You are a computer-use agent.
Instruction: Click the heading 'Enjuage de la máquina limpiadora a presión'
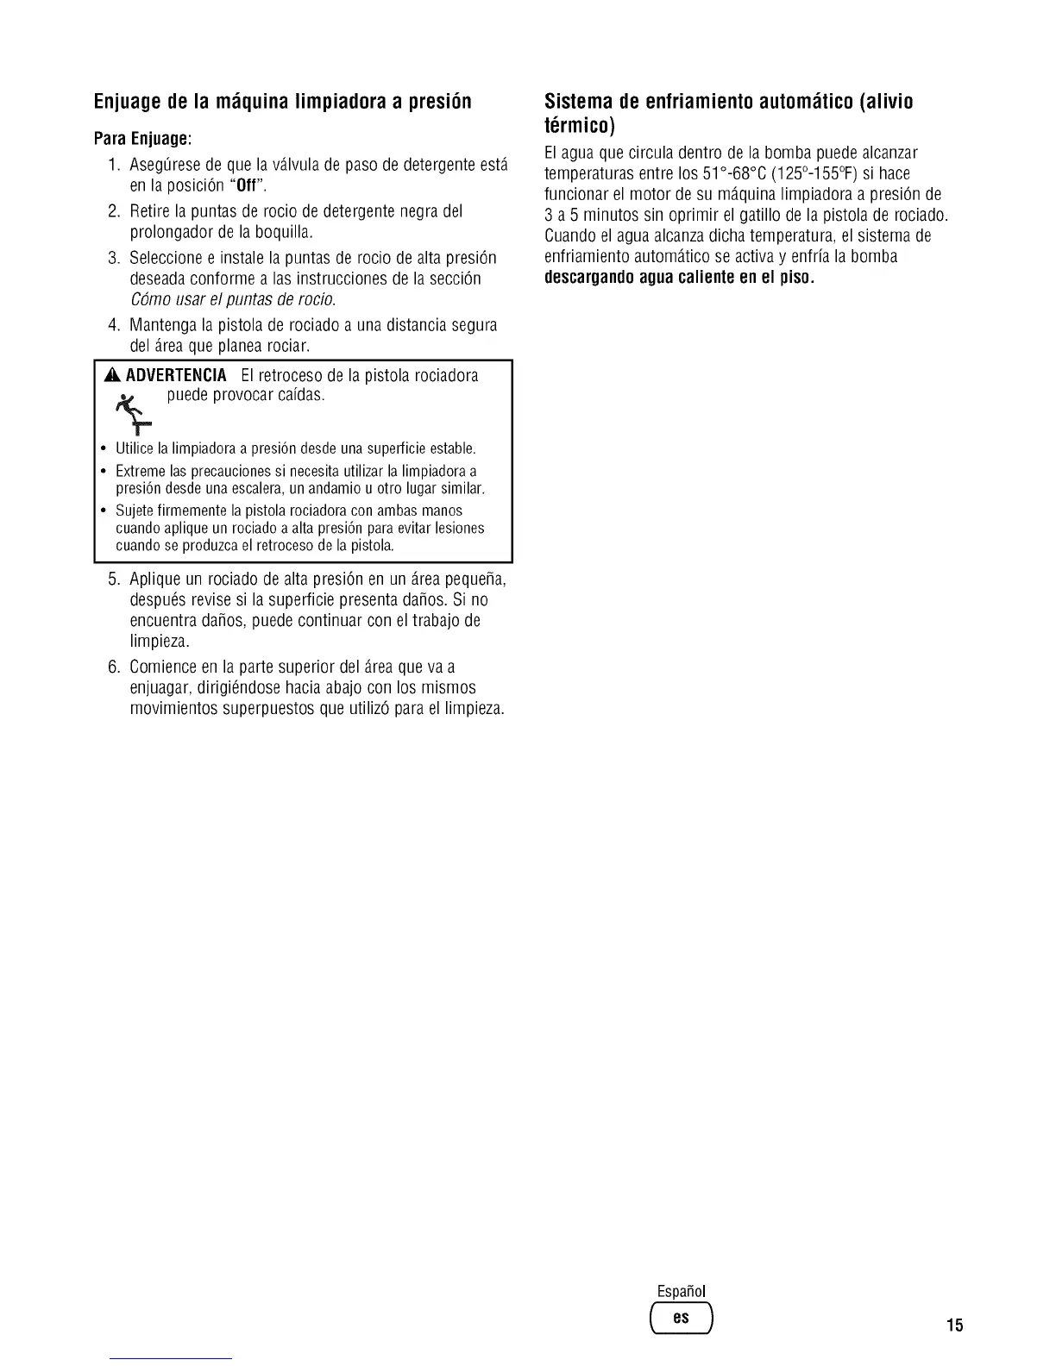pyautogui.click(x=283, y=102)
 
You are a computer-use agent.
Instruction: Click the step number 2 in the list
pyautogui.click(x=113, y=211)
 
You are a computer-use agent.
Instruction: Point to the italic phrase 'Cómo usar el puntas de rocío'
pyautogui.click(x=232, y=300)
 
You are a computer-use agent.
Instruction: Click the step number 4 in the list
pyautogui.click(x=113, y=325)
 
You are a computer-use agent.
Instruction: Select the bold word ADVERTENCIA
pyautogui.click(x=176, y=376)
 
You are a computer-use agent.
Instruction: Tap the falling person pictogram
pyautogui.click(x=132, y=412)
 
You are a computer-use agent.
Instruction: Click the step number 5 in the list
pyautogui.click(x=113, y=578)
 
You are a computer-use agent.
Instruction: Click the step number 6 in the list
pyautogui.click(x=113, y=667)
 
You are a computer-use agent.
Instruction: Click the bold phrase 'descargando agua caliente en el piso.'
pyautogui.click(x=680, y=279)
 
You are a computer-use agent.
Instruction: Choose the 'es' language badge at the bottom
pyautogui.click(x=682, y=1318)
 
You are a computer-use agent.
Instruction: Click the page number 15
pyautogui.click(x=954, y=1325)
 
